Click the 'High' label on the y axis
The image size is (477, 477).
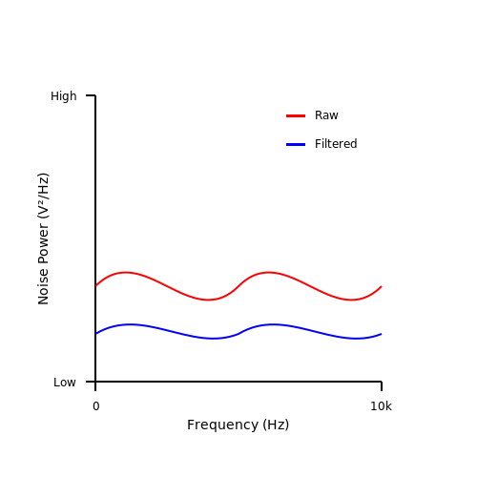[x=64, y=96]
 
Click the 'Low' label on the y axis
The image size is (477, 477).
[x=65, y=383]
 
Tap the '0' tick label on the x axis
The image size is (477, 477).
[x=96, y=406]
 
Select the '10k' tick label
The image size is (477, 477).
[x=381, y=406]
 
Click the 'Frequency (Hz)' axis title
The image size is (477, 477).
[x=238, y=425]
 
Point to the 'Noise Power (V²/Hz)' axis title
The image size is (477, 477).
[x=43, y=238]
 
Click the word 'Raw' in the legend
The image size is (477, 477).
[x=326, y=115]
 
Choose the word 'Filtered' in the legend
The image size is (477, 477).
[x=336, y=144]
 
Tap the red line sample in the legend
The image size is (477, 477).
[x=296, y=115]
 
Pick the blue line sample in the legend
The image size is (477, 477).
[x=296, y=144]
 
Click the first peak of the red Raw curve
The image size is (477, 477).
[x=126, y=272]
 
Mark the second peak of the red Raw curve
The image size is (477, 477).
[x=269, y=272]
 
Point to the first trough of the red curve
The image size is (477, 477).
[x=208, y=300]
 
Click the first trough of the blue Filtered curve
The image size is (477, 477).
[x=213, y=339]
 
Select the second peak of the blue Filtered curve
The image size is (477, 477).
[x=273, y=324]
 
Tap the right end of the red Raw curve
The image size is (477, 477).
[x=382, y=286]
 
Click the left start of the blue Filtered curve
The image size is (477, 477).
[x=95, y=334]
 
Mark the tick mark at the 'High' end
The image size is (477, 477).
[x=91, y=95]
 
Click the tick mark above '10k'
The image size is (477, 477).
[x=382, y=386]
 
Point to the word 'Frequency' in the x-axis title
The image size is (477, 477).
[x=222, y=425]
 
